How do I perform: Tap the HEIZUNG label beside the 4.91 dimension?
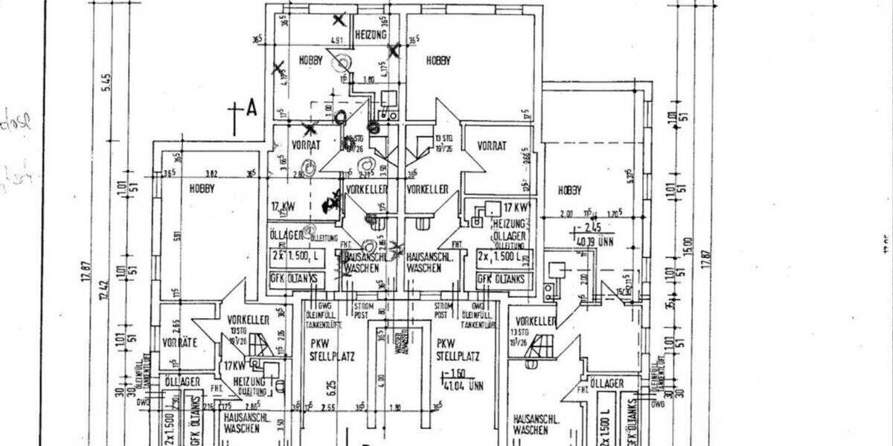click(x=370, y=35)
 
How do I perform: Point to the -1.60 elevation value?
click(x=452, y=374)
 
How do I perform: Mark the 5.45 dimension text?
click(x=107, y=82)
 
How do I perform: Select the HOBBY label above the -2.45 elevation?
click(x=572, y=190)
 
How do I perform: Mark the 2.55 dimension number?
click(x=330, y=407)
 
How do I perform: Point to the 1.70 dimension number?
click(x=613, y=213)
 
